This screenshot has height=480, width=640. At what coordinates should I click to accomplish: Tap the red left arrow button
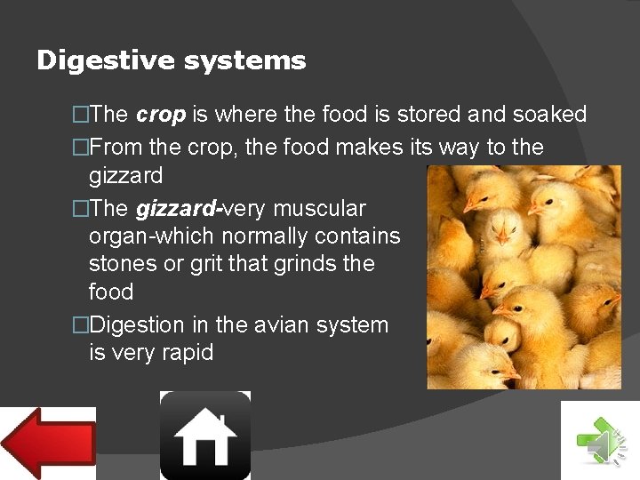tap(48, 443)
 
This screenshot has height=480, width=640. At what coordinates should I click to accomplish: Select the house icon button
tap(205, 436)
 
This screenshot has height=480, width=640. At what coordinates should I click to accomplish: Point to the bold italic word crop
tap(161, 115)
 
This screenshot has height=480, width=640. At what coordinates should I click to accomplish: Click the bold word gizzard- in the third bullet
tap(179, 209)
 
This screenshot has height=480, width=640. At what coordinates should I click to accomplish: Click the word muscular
tap(320, 209)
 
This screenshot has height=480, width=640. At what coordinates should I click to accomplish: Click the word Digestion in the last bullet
tap(137, 325)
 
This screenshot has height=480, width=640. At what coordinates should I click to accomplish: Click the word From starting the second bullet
tap(114, 148)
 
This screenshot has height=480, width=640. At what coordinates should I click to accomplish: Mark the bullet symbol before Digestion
tap(81, 325)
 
